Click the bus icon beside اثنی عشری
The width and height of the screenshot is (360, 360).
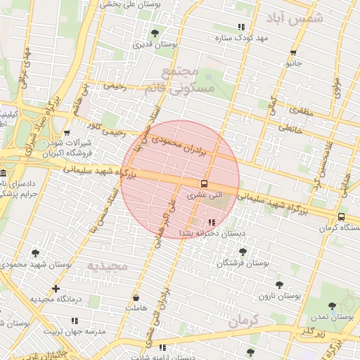[204, 185]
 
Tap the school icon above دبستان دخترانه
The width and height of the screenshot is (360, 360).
[212, 222]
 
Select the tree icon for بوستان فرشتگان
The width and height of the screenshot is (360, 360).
[243, 251]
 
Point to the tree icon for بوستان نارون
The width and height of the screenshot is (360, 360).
[279, 285]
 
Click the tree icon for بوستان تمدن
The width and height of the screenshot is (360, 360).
[333, 306]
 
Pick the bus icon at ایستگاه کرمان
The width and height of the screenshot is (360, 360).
[341, 217]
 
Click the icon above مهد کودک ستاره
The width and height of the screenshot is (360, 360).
[241, 27]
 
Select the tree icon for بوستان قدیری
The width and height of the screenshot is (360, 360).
[155, 32]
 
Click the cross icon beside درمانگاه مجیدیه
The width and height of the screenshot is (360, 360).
[56, 288]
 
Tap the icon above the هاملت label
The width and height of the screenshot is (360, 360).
[136, 298]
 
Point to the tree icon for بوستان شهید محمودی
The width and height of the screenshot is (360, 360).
[35, 253]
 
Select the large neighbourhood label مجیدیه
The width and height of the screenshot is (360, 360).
[106, 266]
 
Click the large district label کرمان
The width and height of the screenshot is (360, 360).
[243, 321]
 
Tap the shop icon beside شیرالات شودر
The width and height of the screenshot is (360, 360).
[67, 131]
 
